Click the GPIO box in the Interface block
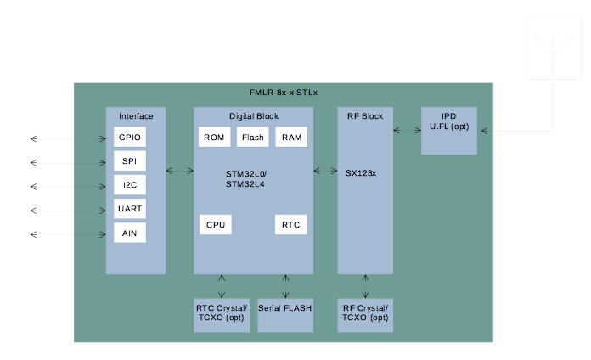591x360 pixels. pyautogui.click(x=130, y=137)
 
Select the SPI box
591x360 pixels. pyautogui.click(x=130, y=161)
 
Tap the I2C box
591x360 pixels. pyautogui.click(x=130, y=185)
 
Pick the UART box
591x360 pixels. pyautogui.click(x=130, y=209)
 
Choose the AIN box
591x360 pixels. pyautogui.click(x=130, y=233)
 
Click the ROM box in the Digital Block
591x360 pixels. pyautogui.click(x=215, y=137)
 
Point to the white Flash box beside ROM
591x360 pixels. pyautogui.click(x=252, y=137)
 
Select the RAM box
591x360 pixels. pyautogui.click(x=291, y=137)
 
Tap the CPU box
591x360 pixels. pyautogui.click(x=216, y=225)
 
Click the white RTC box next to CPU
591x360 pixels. pyautogui.click(x=291, y=225)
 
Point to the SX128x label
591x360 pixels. pyautogui.click(x=361, y=173)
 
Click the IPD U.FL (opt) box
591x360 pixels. pyautogui.click(x=449, y=131)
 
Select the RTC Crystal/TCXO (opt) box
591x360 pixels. pyautogui.click(x=222, y=316)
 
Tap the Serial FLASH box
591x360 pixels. pyautogui.click(x=285, y=316)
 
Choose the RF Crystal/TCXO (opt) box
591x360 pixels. pyautogui.click(x=365, y=316)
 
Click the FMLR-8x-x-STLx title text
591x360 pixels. pyautogui.click(x=284, y=93)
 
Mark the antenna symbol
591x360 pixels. pyautogui.click(x=553, y=48)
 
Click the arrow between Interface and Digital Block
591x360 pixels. pyautogui.click(x=180, y=171)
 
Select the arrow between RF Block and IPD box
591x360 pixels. pyautogui.click(x=407, y=131)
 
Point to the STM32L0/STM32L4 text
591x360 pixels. pyautogui.click(x=246, y=179)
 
